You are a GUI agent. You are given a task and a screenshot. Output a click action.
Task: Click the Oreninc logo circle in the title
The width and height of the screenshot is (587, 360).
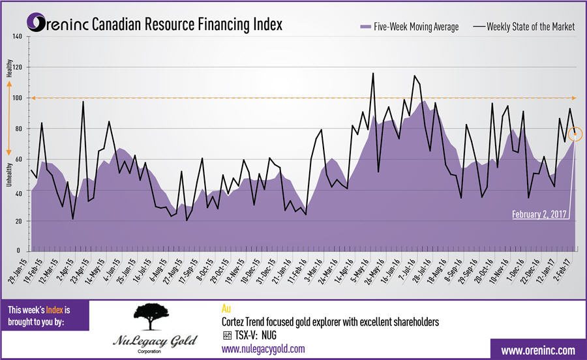click(x=38, y=24)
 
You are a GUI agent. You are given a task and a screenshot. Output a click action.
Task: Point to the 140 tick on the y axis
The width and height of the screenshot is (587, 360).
click(x=17, y=37)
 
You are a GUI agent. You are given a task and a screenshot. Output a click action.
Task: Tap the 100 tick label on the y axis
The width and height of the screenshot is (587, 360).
click(x=17, y=98)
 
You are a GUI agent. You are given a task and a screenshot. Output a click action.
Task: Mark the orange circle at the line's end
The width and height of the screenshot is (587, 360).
click(x=575, y=134)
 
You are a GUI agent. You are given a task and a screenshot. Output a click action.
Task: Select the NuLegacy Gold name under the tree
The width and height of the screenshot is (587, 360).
click(x=154, y=342)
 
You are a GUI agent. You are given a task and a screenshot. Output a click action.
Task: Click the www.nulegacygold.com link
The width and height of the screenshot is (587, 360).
click(x=263, y=349)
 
